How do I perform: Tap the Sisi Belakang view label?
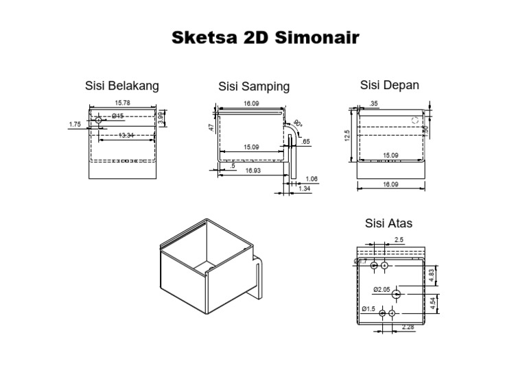tap(122, 86)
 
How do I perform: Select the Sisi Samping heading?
tap(254, 86)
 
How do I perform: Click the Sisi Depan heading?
tap(390, 85)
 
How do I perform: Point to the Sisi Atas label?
tap(388, 223)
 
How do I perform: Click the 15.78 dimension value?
tap(123, 103)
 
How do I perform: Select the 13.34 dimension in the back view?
tap(126, 136)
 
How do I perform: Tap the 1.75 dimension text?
tap(75, 124)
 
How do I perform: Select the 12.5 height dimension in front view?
tap(348, 136)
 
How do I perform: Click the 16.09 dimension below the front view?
tap(390, 184)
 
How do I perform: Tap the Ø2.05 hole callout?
tap(382, 290)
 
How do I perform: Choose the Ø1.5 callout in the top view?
tap(368, 309)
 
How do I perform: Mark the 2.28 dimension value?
tap(408, 326)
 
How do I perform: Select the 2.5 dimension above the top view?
tap(399, 240)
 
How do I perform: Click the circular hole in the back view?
tap(99, 120)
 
